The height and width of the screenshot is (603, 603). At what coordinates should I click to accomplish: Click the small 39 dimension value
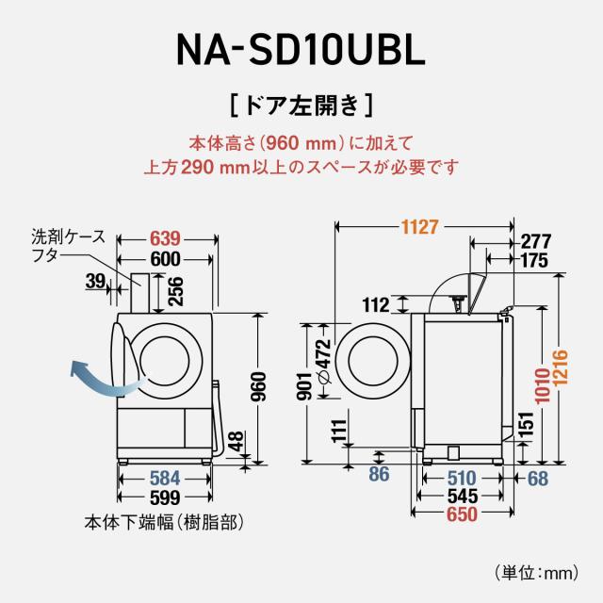(95, 282)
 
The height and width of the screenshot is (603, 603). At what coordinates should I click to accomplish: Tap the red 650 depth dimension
(461, 515)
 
